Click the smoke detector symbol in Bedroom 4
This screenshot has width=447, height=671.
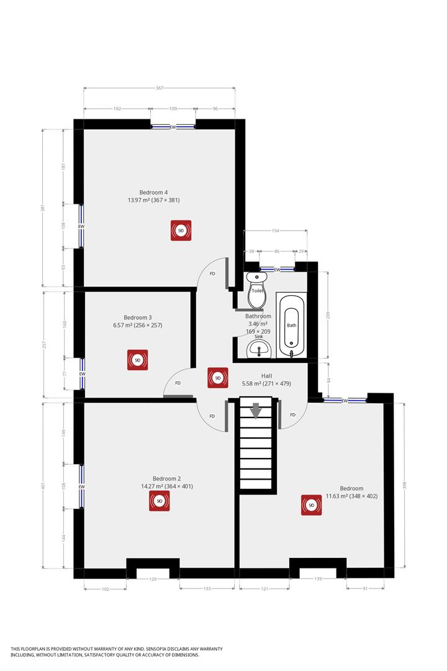pos(181,231)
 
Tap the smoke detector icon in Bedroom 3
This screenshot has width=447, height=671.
pos(137,360)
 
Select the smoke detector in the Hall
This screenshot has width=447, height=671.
pos(218,378)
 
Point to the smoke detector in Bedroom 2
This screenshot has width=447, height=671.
pos(160,501)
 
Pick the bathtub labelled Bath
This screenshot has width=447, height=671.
pos(291,325)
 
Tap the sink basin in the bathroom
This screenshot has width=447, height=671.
pos(260,350)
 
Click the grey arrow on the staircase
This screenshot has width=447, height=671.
pos(256,411)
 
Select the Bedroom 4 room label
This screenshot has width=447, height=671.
pos(153,193)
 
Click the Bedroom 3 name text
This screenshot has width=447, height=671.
pos(138,317)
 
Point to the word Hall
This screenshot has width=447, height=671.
pos(266,376)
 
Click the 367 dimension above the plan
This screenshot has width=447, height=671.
pos(160,88)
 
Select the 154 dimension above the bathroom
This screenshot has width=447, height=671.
pos(276,231)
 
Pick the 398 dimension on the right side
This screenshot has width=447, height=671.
pos(405,485)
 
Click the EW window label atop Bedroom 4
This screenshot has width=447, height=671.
pos(173,127)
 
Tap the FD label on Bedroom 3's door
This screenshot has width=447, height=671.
pos(178,383)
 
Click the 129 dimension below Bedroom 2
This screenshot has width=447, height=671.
pos(153,579)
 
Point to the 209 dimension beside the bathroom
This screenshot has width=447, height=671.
pos(328,315)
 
